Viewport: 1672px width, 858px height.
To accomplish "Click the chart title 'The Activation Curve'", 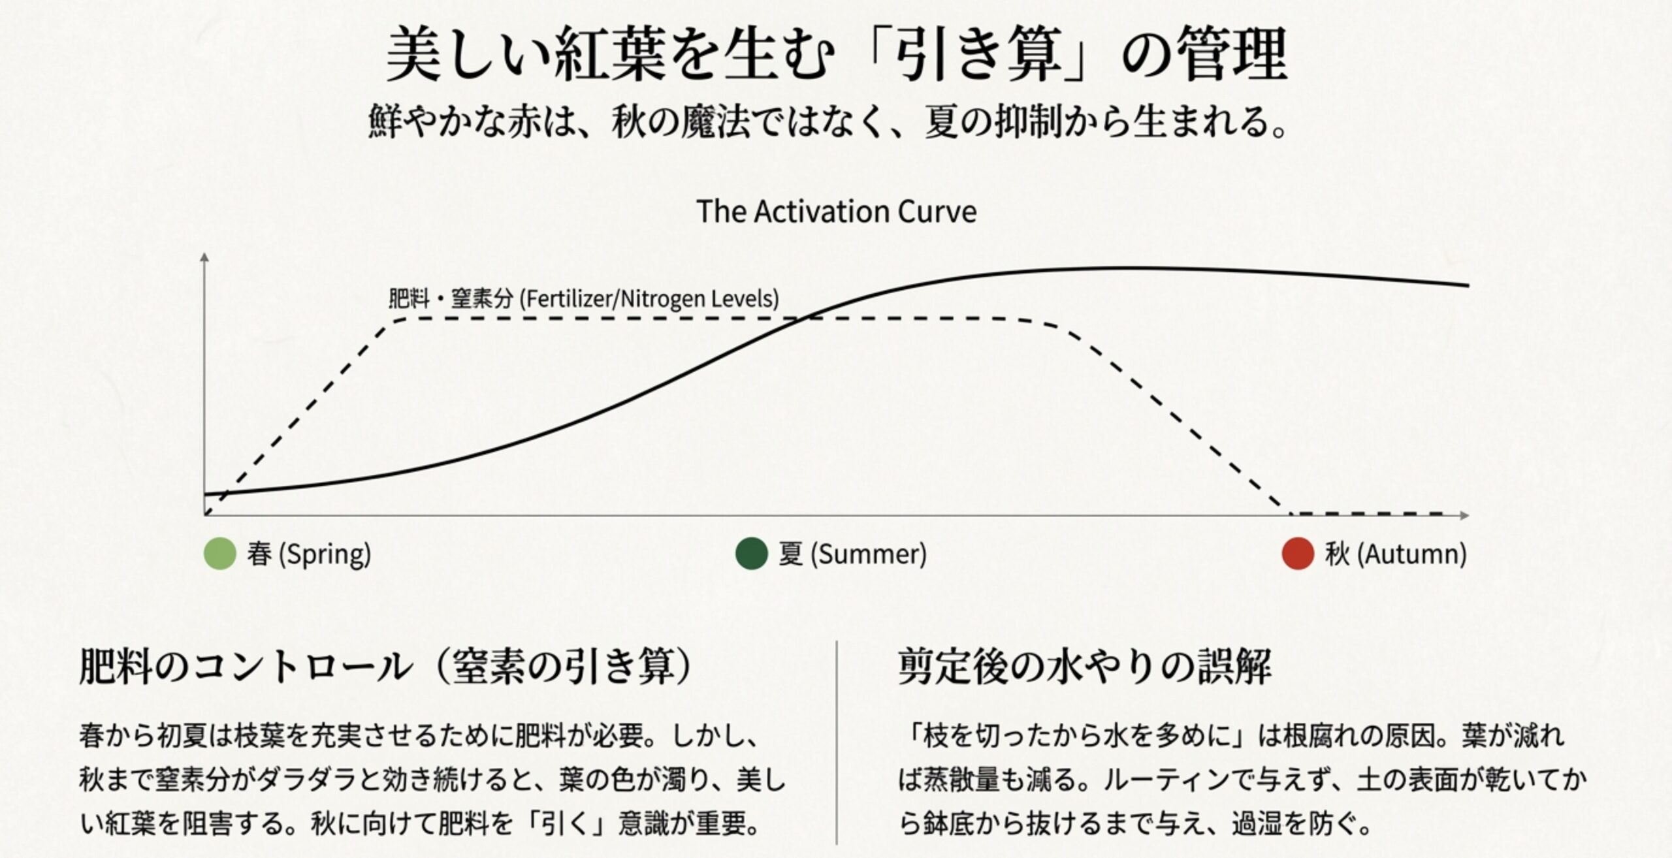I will tap(836, 212).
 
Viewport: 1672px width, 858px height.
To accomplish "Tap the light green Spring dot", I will tap(219, 554).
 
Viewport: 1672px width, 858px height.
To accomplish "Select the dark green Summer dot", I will tap(751, 554).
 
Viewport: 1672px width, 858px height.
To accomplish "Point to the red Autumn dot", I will tap(1298, 554).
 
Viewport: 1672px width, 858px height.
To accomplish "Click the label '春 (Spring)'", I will tap(309, 554).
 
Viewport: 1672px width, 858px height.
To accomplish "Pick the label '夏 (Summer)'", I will tap(852, 554).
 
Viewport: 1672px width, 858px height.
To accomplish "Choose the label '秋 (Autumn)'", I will tap(1396, 554).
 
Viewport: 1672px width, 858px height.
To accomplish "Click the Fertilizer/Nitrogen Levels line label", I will tap(583, 299).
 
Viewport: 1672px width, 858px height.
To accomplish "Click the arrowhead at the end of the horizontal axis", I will tap(1464, 515).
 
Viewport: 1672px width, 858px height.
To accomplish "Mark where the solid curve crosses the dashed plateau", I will tap(807, 318).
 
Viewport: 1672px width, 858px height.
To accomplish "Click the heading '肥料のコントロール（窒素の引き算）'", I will tap(386, 667).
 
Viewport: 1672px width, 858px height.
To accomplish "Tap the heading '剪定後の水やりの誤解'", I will tap(1085, 667).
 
